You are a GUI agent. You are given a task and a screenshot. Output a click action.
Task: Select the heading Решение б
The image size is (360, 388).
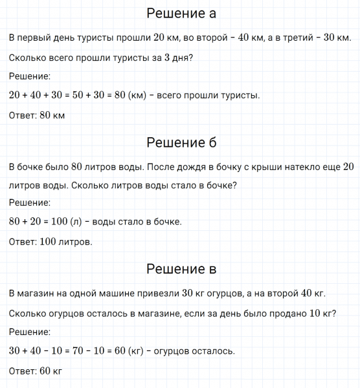click(181, 142)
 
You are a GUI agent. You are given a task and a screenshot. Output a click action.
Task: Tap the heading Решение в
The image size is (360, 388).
click(181, 268)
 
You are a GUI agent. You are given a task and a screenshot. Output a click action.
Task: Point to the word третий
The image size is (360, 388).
click(297, 38)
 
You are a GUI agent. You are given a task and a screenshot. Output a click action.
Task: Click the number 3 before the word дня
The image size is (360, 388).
click(167, 58)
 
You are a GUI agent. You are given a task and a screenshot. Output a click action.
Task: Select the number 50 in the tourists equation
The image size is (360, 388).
click(92, 96)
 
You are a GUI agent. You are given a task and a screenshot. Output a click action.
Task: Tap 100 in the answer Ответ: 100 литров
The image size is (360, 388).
click(49, 243)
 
